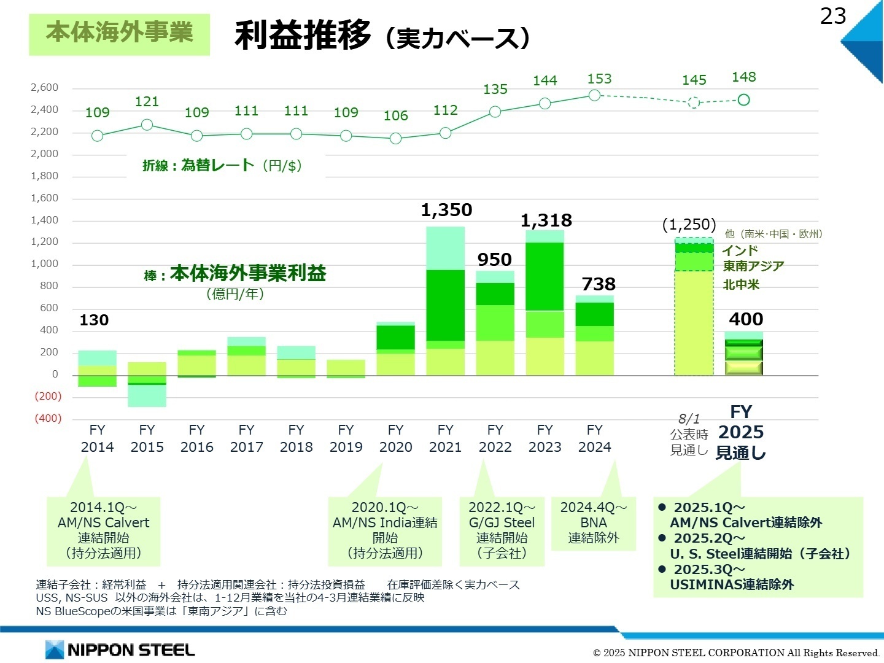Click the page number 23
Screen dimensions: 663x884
[833, 17]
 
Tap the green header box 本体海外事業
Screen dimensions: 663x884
[119, 34]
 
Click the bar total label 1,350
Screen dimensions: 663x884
[446, 210]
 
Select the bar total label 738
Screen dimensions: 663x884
[599, 284]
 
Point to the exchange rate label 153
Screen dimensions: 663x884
[599, 79]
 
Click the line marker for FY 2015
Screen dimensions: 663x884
[147, 125]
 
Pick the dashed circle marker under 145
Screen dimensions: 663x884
[694, 103]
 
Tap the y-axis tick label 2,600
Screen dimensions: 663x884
[45, 88]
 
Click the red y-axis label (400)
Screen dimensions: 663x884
[47, 418]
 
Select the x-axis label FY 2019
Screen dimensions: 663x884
[346, 438]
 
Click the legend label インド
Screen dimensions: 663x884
[740, 250]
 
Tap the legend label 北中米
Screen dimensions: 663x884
[741, 285]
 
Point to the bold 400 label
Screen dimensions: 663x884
[746, 319]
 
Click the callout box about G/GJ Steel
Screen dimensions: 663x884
[502, 530]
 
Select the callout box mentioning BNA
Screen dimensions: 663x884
[593, 523]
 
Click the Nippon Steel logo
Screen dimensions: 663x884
[120, 649]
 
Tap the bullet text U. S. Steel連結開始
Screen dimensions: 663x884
[760, 554]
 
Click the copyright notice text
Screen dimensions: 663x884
[736, 653]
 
